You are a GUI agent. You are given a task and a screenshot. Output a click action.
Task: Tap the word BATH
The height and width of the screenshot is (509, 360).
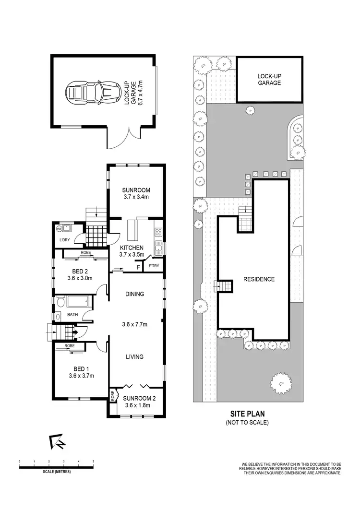[72, 315]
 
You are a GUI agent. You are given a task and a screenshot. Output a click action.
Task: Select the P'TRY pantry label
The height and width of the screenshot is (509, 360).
[154, 266]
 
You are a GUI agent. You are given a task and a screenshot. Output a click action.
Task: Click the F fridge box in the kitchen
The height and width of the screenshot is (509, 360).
[138, 266]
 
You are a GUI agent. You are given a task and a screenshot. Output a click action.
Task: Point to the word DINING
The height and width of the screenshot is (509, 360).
[135, 294]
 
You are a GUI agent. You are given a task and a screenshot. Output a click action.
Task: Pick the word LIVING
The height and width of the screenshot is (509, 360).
[134, 356]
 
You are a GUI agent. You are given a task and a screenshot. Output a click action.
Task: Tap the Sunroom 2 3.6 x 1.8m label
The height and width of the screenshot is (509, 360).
[137, 402]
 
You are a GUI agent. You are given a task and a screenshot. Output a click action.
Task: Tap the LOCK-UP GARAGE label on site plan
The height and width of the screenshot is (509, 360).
[269, 79]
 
